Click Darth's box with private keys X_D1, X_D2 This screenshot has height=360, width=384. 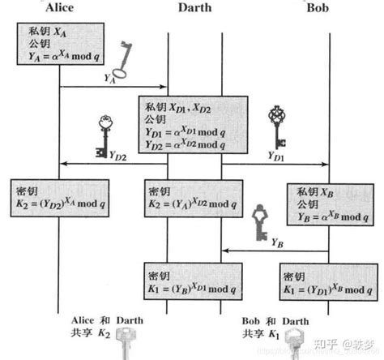coord(193,126)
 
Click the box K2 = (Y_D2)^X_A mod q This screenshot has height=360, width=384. coord(58,197)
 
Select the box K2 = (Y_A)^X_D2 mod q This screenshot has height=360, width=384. coord(193,197)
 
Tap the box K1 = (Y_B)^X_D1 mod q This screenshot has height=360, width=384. coord(193,281)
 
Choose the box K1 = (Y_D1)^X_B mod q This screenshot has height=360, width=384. coord(326,282)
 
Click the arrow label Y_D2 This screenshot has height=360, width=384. coord(118,156)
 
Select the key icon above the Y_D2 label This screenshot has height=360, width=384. coord(103,135)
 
